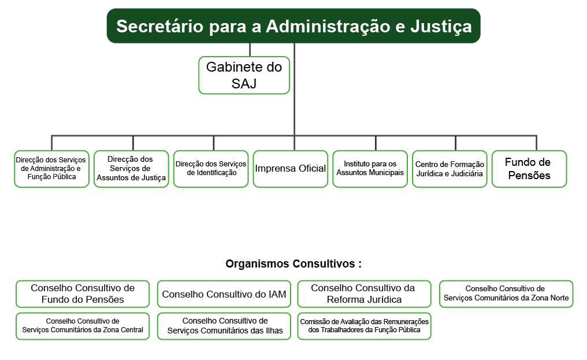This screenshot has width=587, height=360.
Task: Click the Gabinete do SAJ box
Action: (244, 75)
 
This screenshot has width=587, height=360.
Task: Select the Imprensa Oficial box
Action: (291, 169)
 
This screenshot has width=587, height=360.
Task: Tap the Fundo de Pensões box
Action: (529, 169)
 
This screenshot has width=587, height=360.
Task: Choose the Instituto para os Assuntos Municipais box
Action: (370, 169)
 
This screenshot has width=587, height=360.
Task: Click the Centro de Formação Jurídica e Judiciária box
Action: (449, 169)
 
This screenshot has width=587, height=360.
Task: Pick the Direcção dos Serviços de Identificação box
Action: (211, 169)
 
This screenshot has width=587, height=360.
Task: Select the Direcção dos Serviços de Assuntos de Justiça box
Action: (131, 169)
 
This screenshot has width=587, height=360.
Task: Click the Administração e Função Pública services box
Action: (51, 169)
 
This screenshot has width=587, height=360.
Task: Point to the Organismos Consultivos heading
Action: (293, 263)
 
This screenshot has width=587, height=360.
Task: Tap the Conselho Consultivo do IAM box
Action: (224, 294)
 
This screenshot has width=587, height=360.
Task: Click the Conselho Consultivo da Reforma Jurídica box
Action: (364, 294)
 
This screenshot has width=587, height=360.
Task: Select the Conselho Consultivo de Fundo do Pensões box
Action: (83, 294)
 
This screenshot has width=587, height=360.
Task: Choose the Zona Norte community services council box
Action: (506, 294)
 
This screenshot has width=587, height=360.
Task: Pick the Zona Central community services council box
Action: (83, 326)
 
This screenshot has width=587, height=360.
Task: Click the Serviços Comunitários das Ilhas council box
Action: (224, 326)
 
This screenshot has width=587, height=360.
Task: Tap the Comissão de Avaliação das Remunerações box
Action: (364, 326)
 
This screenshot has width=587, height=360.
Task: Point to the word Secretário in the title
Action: (160, 27)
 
